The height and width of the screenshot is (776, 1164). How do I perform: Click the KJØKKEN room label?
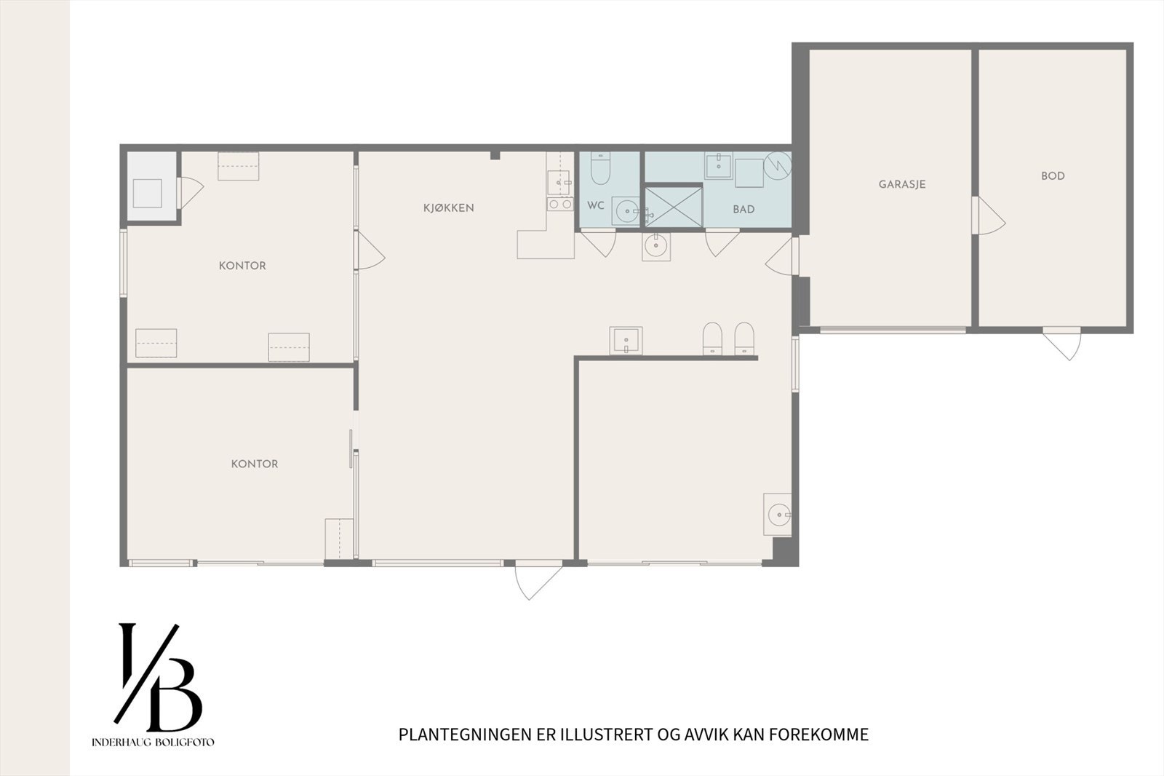point(448,208)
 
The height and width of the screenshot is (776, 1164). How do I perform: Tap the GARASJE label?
point(901,185)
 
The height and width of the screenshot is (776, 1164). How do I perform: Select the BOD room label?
point(1052,176)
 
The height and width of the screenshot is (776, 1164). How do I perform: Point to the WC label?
point(595,206)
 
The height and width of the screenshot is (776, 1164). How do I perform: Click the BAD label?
point(743,210)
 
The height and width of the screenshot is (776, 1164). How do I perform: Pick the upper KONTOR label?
point(242,266)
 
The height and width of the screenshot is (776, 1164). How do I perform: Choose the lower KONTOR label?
point(254,464)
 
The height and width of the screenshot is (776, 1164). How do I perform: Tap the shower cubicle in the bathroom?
point(674,207)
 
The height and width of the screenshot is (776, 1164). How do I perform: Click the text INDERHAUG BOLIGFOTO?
point(153,743)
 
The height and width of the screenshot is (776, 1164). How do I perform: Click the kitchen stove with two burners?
point(560,205)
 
